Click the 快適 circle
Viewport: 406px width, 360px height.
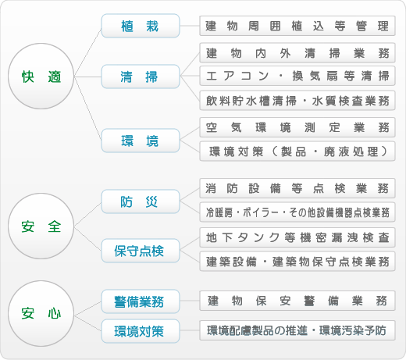[41, 76]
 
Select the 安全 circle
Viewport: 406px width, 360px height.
[41, 226]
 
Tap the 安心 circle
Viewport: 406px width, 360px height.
[41, 313]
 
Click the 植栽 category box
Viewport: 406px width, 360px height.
[141, 26]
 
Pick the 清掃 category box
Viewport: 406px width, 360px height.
[141, 77]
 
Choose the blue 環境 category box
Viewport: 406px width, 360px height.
[141, 141]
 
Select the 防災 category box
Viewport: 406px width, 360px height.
[141, 201]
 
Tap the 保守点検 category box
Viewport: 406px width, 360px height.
[141, 251]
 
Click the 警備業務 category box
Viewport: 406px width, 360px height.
[141, 301]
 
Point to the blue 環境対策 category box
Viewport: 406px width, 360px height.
[141, 331]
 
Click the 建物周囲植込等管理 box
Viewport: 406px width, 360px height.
[297, 26]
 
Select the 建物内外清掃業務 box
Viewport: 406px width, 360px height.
[297, 53]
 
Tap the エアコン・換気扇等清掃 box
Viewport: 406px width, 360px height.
[297, 76]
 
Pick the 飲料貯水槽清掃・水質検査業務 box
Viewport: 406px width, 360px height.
[297, 101]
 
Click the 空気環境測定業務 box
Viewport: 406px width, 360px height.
[297, 127]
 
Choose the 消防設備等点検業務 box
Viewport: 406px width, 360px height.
[297, 188]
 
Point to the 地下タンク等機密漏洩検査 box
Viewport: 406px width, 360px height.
[297, 237]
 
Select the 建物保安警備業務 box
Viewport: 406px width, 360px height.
[297, 301]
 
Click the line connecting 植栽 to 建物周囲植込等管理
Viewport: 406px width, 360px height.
[190, 26]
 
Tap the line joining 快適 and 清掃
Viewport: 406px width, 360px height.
[87, 77]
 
